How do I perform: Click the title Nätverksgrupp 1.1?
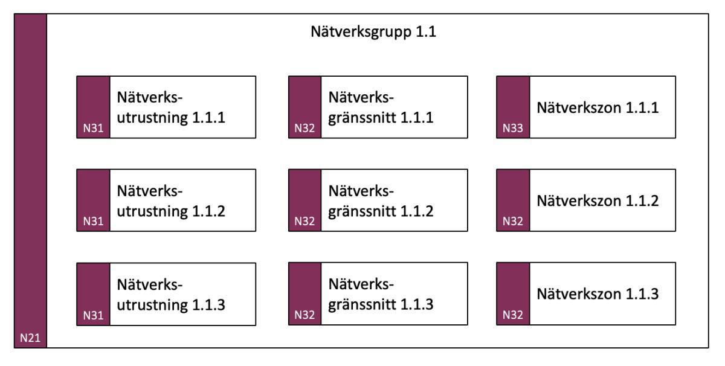[x=373, y=33]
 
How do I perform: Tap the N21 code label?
[x=30, y=338]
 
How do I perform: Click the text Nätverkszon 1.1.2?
[x=597, y=201]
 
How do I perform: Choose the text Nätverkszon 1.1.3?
[x=597, y=295]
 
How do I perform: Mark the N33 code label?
[x=512, y=128]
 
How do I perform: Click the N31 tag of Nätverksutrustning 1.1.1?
[x=93, y=128]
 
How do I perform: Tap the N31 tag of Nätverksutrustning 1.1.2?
[x=93, y=222]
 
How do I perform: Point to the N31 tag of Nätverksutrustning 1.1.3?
[x=93, y=315]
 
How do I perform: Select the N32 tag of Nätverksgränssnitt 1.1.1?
[x=304, y=128]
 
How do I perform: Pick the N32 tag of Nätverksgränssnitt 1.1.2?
[x=304, y=222]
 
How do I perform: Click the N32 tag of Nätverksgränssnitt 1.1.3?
[x=304, y=315]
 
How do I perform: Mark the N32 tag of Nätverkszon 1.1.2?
[x=512, y=222]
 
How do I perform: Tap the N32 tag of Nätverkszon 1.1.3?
[x=512, y=315]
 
